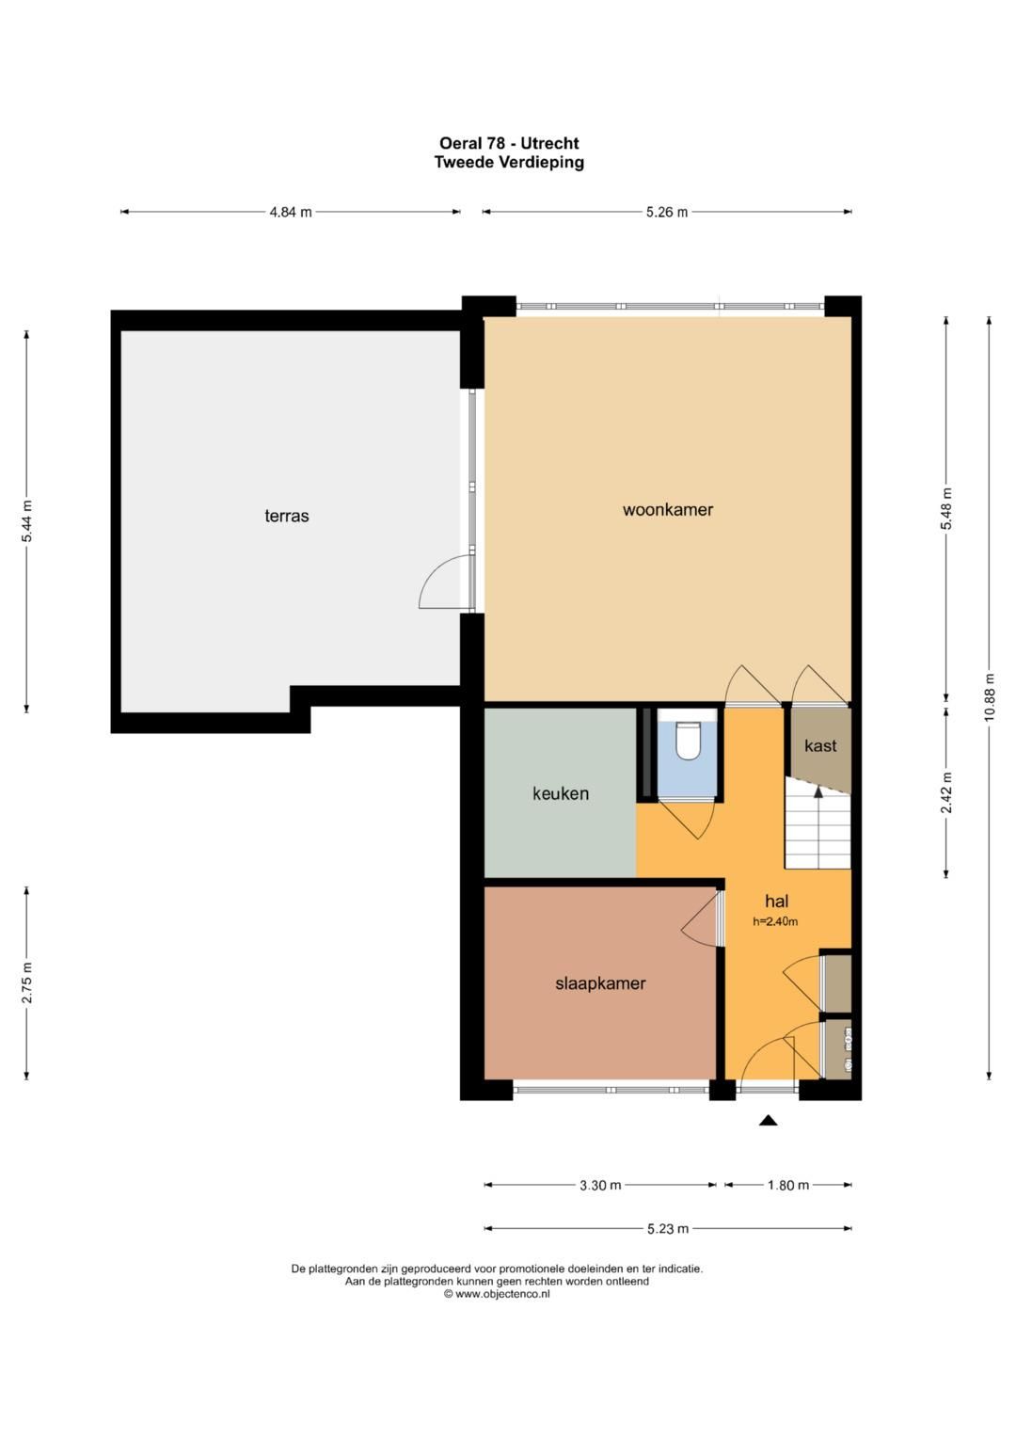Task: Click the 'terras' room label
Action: click(287, 516)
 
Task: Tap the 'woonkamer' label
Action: click(668, 510)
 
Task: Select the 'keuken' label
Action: click(561, 793)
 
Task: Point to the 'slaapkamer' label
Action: click(600, 983)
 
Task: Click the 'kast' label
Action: click(820, 745)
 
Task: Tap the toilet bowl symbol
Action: click(689, 741)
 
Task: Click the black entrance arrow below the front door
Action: click(769, 1121)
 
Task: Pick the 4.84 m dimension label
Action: click(291, 213)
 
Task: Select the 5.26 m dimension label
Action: click(667, 213)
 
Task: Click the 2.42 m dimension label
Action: click(946, 792)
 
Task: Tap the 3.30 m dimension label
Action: click(600, 1186)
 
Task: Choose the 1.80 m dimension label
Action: click(788, 1186)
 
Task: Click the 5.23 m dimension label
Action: click(667, 1228)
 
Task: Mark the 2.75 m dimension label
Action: click(26, 983)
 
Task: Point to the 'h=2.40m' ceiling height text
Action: click(775, 922)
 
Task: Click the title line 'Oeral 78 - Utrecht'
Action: click(509, 143)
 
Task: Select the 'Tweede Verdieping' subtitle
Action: click(509, 162)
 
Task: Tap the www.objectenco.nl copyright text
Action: click(497, 1294)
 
